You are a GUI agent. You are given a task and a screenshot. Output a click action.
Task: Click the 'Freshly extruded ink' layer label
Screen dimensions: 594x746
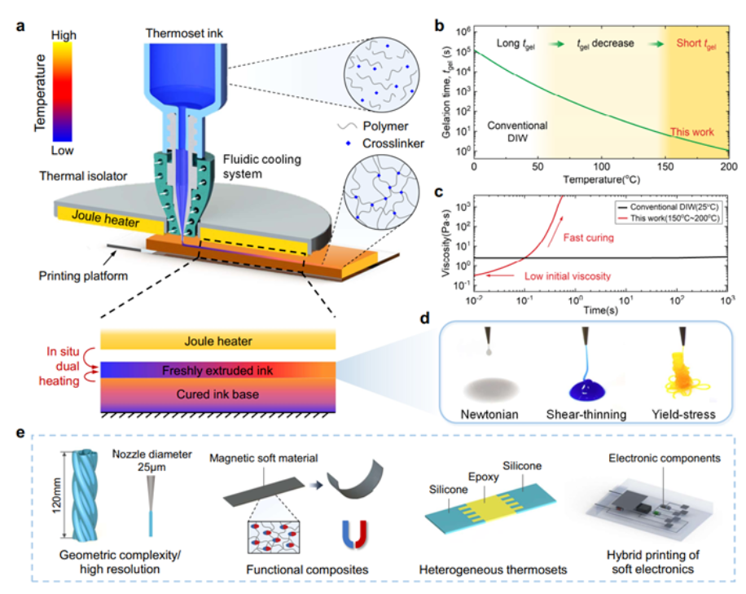tap(215, 371)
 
